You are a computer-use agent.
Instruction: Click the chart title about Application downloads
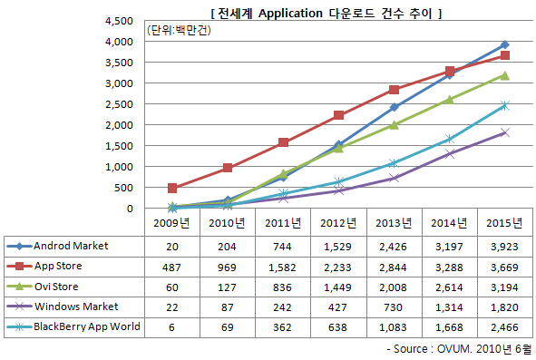[326, 14]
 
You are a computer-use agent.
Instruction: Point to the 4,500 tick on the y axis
[120, 21]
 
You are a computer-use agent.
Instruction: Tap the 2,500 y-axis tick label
[120, 104]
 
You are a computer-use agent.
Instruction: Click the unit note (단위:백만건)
[179, 31]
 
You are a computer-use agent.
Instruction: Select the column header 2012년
[338, 223]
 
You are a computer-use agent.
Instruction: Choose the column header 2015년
[504, 223]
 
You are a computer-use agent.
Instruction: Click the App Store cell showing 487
[171, 268]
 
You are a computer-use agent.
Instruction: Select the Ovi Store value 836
[282, 287]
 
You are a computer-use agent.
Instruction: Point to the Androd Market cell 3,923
[504, 247]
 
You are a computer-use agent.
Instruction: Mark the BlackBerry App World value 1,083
[393, 327]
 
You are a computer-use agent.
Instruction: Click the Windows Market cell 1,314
[449, 307]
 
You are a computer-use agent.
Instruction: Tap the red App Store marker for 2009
[172, 188]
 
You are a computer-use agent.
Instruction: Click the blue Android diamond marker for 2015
[504, 44]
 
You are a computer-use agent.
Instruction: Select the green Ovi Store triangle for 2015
[504, 75]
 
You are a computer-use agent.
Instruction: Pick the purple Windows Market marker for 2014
[450, 153]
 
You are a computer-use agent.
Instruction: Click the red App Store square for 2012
[338, 115]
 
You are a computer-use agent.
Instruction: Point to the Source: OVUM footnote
[459, 349]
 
